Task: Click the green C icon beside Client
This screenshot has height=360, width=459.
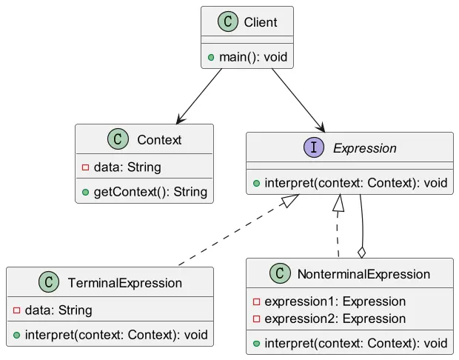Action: tap(228, 21)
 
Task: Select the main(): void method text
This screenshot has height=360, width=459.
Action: tap(253, 57)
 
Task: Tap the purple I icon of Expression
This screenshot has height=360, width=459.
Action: tap(314, 147)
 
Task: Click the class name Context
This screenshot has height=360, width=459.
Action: tap(159, 140)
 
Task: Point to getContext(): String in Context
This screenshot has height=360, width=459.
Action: tap(150, 192)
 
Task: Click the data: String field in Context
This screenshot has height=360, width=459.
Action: tap(127, 167)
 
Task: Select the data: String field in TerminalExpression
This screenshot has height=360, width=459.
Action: tap(58, 310)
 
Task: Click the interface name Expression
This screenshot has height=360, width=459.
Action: tap(365, 148)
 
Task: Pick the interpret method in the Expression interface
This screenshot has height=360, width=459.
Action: tap(356, 183)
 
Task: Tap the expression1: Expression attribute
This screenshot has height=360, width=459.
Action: tap(335, 301)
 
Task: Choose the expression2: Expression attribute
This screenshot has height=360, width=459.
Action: tap(335, 319)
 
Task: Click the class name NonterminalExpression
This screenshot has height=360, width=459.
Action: tap(363, 274)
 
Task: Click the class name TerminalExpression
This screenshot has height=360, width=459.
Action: tap(125, 283)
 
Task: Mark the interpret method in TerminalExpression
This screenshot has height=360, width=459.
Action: tap(116, 335)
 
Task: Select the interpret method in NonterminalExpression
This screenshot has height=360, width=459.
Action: tap(356, 343)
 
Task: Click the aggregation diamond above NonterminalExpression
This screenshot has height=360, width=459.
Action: tap(362, 253)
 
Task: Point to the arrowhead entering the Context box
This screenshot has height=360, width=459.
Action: tap(180, 120)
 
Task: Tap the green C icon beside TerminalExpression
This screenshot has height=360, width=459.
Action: tap(49, 281)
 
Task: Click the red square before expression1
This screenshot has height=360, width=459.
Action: tap(256, 301)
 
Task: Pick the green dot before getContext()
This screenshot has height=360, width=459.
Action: tap(85, 193)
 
